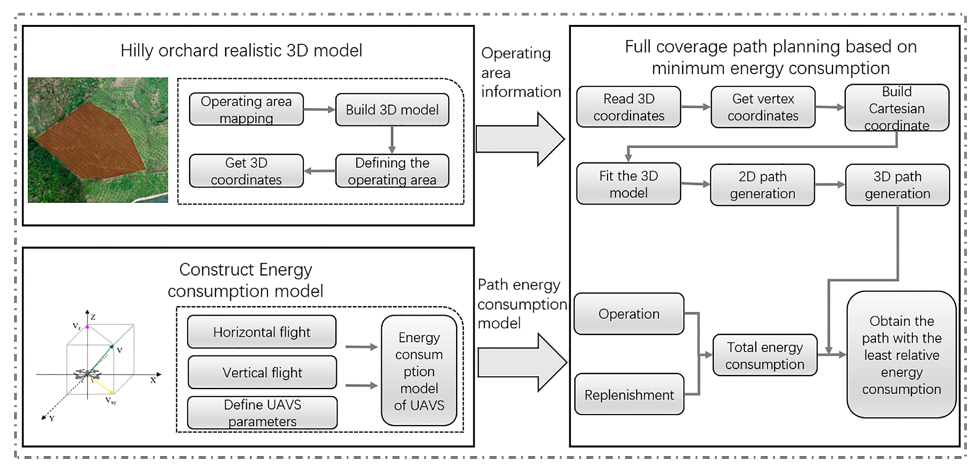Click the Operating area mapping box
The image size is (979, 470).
[246, 109]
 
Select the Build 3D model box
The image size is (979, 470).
[392, 110]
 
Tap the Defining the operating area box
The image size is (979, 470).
[392, 171]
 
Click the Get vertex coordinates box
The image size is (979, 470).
[763, 107]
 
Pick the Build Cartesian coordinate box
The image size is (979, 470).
[896, 108]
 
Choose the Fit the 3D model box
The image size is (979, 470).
[628, 184]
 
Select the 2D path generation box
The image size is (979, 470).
[762, 185]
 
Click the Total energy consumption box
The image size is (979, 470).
[765, 355]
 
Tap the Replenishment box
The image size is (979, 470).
[629, 395]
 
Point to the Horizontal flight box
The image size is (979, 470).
[262, 332]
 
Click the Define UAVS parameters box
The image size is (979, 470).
[262, 413]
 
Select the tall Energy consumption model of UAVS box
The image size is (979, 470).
[419, 371]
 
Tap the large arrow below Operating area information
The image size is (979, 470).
[520, 139]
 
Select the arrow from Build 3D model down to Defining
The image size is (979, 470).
[392, 139]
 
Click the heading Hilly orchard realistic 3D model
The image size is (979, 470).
[241, 51]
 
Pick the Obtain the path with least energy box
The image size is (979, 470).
[901, 355]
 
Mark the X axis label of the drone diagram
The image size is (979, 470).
[153, 380]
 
